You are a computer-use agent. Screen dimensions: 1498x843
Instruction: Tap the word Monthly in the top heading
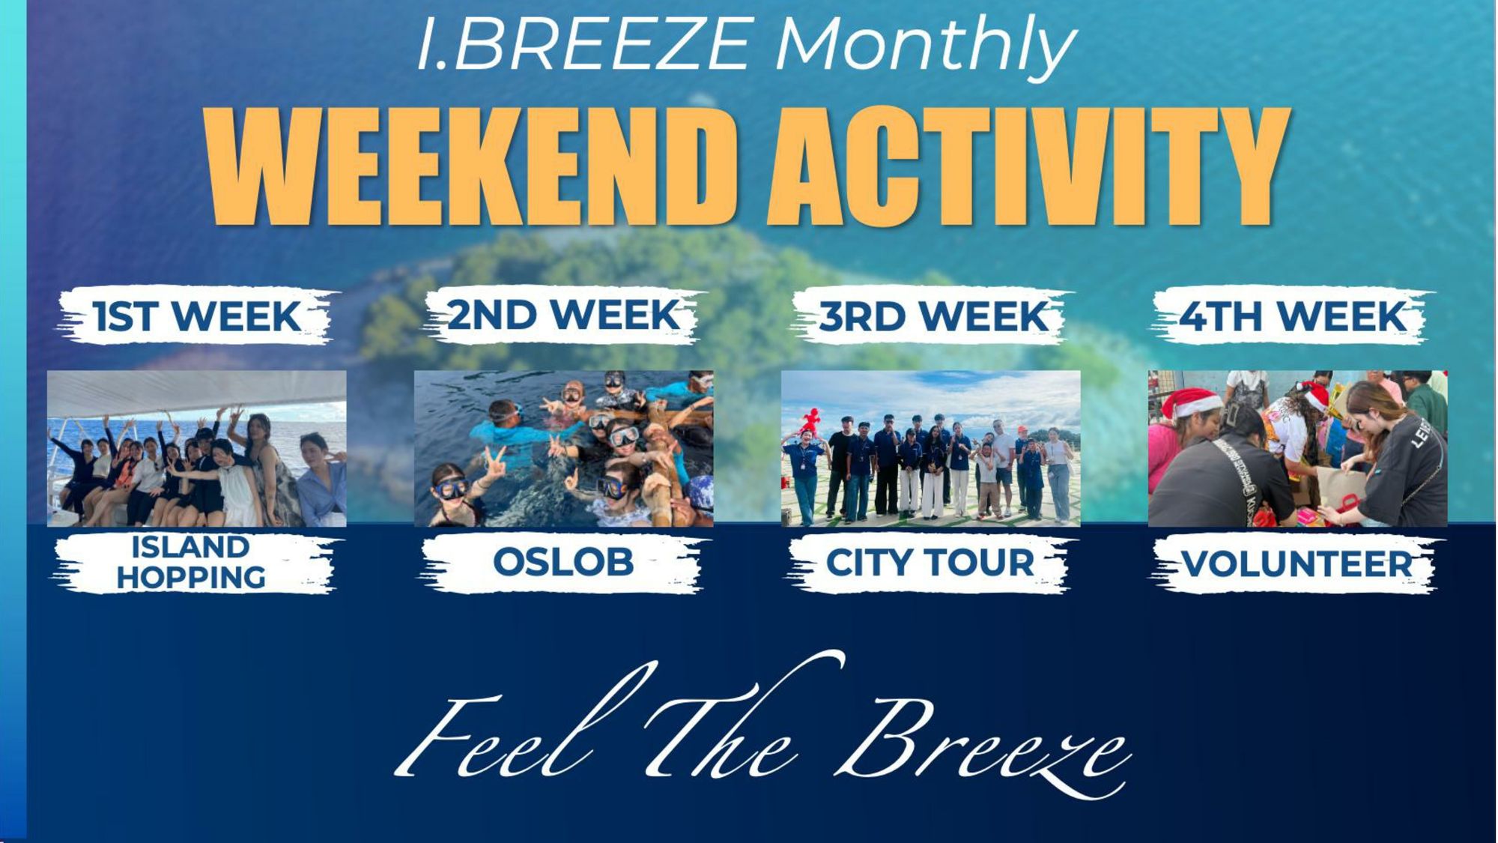[926, 45]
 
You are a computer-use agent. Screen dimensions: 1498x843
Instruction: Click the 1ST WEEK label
[197, 316]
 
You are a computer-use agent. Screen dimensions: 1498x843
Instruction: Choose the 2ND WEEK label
[564, 315]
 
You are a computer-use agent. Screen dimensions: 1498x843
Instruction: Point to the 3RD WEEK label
[933, 316]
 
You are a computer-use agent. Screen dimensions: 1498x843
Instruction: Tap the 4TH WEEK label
[1293, 316]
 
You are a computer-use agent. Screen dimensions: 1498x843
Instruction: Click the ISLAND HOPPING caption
[191, 562]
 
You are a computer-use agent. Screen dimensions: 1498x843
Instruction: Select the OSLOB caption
[563, 562]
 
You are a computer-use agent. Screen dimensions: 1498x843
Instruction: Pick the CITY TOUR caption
[930, 562]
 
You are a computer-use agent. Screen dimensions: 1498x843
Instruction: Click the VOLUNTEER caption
[1297, 563]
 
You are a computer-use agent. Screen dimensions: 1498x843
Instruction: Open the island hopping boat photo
[197, 448]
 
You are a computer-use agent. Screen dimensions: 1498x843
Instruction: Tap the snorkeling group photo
[564, 448]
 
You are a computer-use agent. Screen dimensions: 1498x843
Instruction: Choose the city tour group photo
[931, 448]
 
